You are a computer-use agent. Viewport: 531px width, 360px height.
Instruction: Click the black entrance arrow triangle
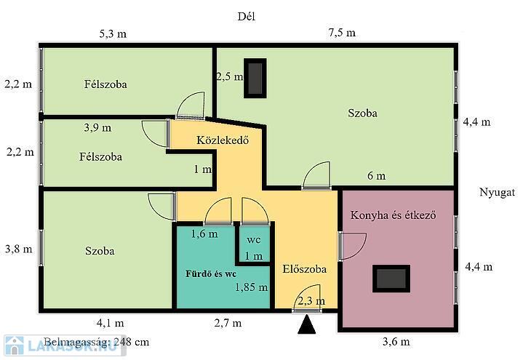(x=307, y=325)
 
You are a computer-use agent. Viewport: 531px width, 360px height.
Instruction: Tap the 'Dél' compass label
(x=246, y=17)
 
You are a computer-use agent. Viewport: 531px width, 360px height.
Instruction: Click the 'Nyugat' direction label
(x=497, y=192)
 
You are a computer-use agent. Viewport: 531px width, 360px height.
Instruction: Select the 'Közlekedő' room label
(x=223, y=140)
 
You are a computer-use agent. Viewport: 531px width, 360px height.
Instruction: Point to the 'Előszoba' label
(x=305, y=269)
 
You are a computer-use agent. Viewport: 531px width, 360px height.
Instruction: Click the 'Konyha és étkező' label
(x=394, y=215)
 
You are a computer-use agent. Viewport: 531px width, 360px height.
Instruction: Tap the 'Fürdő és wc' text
(x=211, y=273)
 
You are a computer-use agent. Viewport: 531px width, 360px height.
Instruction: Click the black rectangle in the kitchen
(x=391, y=279)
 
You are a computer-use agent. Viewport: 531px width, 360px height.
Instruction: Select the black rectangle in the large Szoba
(x=255, y=79)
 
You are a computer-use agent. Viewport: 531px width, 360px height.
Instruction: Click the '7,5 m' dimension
(x=342, y=33)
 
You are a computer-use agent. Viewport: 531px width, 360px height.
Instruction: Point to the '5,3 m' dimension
(x=113, y=34)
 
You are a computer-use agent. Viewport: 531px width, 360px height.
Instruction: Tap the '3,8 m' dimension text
(x=19, y=249)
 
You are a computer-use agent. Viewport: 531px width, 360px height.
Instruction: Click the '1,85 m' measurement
(x=252, y=287)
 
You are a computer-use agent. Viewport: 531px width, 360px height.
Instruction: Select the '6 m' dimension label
(x=377, y=176)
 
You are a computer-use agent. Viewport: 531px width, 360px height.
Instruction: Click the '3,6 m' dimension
(x=396, y=341)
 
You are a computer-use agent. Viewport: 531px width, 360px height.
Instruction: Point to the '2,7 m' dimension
(x=228, y=323)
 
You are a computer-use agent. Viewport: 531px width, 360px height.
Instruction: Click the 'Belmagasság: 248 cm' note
(x=97, y=342)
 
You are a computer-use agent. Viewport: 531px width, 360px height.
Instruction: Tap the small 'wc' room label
(x=254, y=240)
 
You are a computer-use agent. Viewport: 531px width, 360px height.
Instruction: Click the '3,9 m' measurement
(x=97, y=128)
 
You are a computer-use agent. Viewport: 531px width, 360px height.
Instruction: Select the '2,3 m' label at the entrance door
(x=311, y=301)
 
